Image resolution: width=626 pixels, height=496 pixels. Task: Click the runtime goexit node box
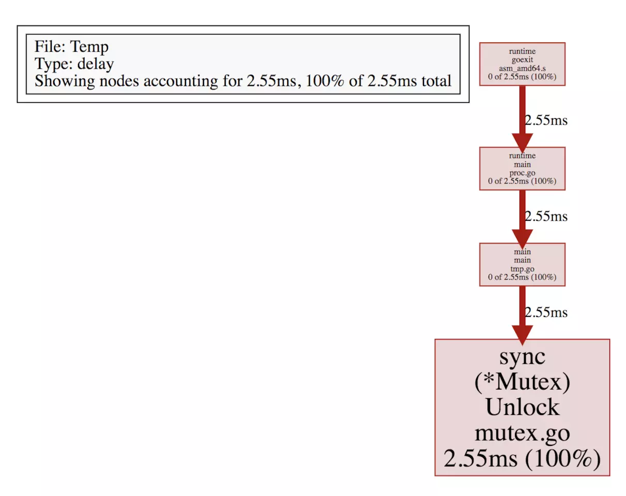[522, 64]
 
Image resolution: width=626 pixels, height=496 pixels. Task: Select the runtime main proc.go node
[522, 168]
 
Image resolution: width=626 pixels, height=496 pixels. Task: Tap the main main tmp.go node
[522, 265]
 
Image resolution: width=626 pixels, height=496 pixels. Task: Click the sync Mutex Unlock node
[522, 408]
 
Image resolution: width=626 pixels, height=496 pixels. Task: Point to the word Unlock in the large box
[523, 407]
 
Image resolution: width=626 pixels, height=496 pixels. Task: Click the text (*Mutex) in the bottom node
[523, 382]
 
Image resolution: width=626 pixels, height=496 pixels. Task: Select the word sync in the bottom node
[523, 358]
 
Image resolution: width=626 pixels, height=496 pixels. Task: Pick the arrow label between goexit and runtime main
[546, 120]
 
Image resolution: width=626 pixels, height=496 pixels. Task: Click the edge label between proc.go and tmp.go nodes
[546, 216]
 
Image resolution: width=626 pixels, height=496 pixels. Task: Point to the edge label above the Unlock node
[546, 313]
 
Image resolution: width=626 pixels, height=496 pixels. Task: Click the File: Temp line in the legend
[72, 47]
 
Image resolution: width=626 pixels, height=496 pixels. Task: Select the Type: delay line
[74, 64]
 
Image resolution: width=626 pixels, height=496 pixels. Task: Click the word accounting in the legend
[180, 81]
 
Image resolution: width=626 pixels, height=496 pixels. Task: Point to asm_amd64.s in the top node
[523, 68]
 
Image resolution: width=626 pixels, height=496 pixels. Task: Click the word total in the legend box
[436, 81]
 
